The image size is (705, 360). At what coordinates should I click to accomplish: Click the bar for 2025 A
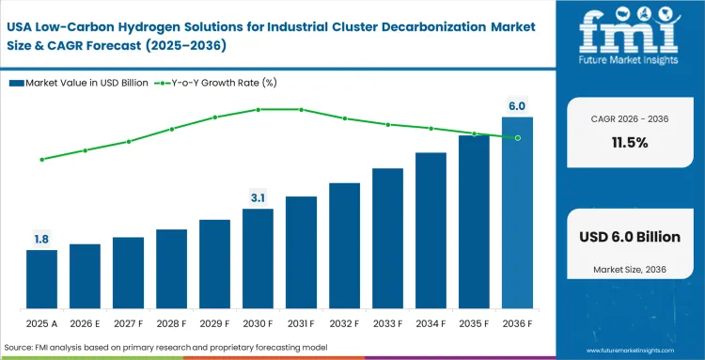[x=41, y=279]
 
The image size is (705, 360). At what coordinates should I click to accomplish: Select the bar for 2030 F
[x=258, y=258]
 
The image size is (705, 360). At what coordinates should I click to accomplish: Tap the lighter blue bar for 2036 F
[x=517, y=213]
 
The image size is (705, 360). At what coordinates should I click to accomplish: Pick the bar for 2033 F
[x=387, y=239]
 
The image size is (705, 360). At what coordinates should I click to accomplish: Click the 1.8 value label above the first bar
[x=41, y=240]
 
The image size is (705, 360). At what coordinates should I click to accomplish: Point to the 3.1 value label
[x=258, y=197]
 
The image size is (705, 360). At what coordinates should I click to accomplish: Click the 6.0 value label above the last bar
[x=517, y=106]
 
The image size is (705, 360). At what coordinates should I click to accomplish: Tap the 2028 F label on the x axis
[x=171, y=324]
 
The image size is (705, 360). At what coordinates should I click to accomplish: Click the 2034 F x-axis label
[x=431, y=324]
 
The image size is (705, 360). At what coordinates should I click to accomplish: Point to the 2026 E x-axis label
[x=85, y=324]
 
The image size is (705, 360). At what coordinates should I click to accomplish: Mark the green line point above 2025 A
[x=41, y=160]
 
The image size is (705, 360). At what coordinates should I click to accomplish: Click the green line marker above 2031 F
[x=301, y=109]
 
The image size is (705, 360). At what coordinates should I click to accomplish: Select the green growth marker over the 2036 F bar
[x=517, y=137]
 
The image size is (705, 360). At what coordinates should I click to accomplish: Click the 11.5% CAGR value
[x=629, y=143]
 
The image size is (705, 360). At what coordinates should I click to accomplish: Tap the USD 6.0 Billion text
[x=629, y=237]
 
